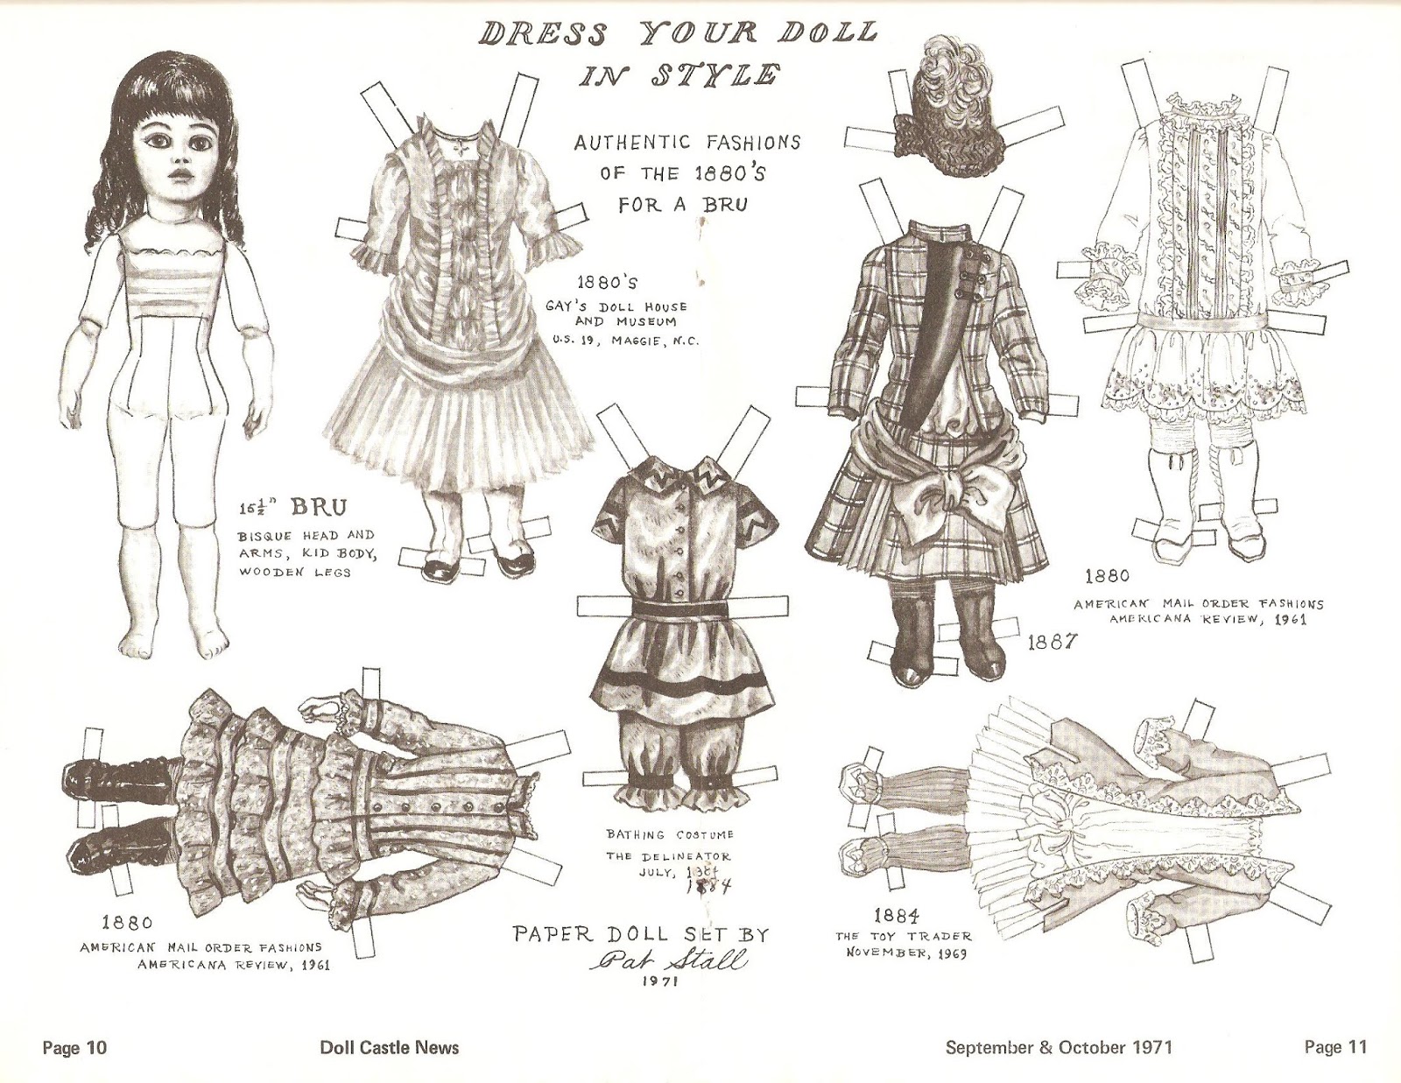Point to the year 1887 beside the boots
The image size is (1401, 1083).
1052,643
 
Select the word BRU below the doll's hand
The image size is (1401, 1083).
319,508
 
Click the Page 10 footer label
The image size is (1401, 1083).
74,1048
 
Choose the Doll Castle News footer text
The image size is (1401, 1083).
390,1048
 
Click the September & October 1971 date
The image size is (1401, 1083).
1059,1048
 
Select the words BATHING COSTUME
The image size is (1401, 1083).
670,835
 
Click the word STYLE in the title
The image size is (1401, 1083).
712,75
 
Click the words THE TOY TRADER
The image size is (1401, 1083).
903,937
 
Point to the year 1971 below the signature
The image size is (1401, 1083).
659,1001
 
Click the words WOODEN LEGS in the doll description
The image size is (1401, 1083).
294,571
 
